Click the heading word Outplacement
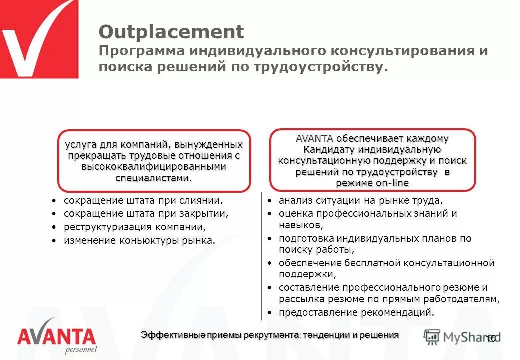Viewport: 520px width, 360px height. [x=171, y=32]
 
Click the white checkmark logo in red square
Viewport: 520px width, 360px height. [x=39, y=39]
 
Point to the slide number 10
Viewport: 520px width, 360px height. [x=490, y=338]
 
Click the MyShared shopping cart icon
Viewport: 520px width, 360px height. [x=432, y=337]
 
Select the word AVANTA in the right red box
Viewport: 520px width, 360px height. [x=315, y=138]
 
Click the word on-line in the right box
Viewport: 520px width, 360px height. [x=392, y=183]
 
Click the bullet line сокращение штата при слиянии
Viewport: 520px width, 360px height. [x=143, y=200]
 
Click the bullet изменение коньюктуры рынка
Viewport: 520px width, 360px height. [x=140, y=241]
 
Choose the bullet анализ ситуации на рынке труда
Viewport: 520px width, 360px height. [x=361, y=201]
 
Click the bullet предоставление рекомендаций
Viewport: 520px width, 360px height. [x=356, y=313]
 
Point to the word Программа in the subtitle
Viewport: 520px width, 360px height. [x=139, y=51]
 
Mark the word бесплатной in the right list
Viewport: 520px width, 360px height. [x=372, y=263]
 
